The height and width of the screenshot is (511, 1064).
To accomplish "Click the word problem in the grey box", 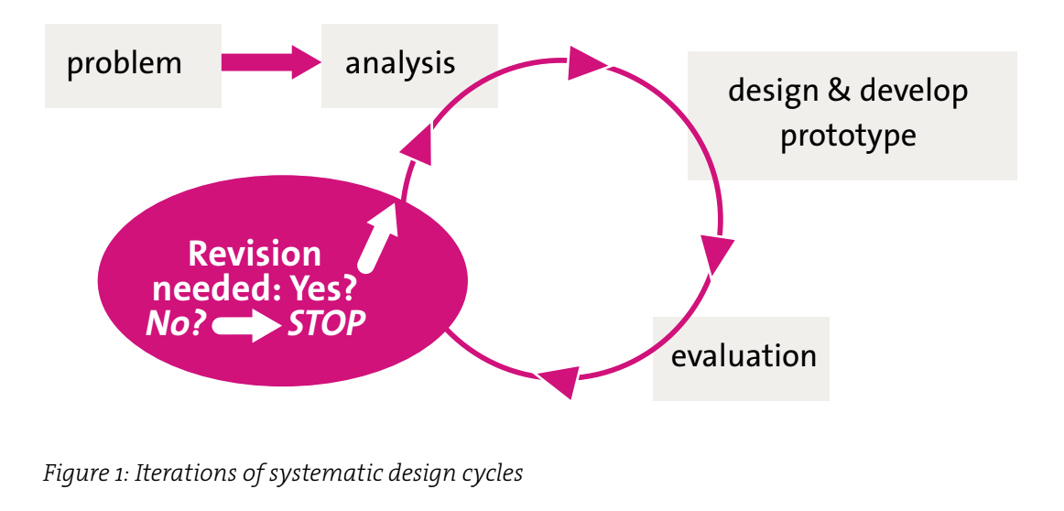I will click(x=125, y=65).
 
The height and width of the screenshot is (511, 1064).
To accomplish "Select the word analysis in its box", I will click(x=400, y=63).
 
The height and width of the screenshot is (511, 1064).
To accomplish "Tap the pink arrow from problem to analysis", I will click(x=271, y=63).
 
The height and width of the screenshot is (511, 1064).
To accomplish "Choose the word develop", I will click(x=914, y=92).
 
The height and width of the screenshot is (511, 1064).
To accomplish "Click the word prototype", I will click(x=847, y=136).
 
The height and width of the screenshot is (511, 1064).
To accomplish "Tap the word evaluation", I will click(x=744, y=355).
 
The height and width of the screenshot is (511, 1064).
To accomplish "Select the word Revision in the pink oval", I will click(x=254, y=254).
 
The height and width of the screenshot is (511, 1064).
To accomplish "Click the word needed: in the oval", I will click(x=217, y=289).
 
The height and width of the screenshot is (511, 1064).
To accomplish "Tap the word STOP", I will click(x=326, y=323).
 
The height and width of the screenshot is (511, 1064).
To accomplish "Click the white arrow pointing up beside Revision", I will click(x=377, y=235).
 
